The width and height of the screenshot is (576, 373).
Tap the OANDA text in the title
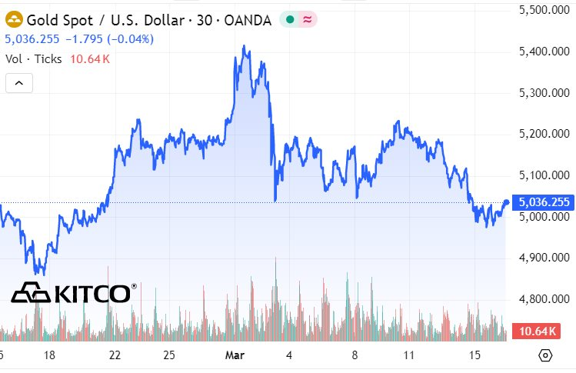(248, 21)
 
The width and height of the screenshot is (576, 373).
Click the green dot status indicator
(289, 21)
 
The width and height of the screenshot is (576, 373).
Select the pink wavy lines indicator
(306, 21)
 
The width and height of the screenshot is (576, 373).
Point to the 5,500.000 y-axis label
(542, 10)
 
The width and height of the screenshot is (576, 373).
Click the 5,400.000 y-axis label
(542, 52)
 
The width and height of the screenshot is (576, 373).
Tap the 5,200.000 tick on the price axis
(542, 134)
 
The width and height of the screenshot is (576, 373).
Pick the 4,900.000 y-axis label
(542, 257)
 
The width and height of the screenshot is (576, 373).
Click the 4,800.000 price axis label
(542, 298)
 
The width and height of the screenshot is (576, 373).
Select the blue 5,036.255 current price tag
(544, 202)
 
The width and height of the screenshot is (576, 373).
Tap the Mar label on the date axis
(234, 355)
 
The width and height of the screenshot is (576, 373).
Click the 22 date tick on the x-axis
(115, 355)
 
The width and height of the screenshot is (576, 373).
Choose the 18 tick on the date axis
(50, 355)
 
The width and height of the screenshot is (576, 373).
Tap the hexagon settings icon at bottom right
(545, 355)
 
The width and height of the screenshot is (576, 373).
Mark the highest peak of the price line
(244, 46)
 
